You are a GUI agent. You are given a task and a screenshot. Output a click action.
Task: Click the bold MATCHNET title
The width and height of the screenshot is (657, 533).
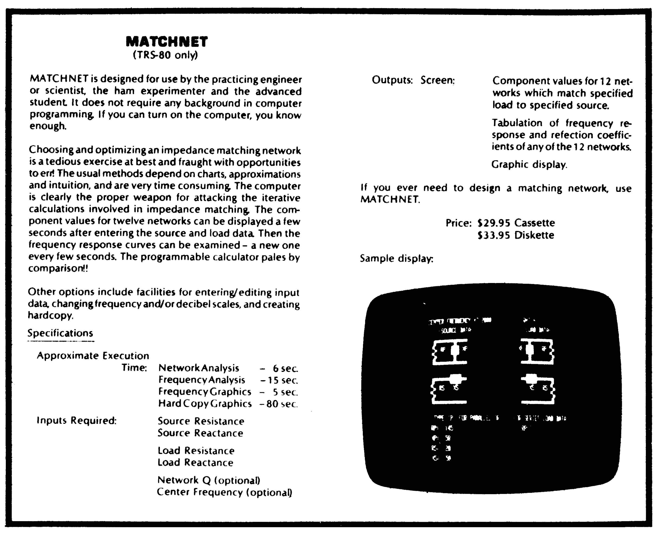167,41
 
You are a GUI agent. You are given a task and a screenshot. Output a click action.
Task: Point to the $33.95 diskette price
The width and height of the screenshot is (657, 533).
515,235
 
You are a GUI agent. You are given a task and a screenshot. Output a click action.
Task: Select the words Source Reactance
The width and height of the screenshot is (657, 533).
200,433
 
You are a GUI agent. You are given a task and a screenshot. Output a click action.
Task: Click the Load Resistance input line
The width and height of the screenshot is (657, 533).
196,450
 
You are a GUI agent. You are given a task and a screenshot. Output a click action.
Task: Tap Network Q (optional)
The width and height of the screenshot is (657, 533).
209,480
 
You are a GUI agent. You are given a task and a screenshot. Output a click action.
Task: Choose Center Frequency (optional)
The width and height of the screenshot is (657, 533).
224,492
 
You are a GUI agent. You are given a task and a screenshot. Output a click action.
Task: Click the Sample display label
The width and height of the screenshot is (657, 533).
396,259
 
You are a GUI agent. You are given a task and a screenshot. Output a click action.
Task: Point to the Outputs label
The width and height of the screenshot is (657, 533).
392,80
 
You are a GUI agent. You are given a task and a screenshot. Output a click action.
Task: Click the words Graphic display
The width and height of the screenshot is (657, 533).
529,165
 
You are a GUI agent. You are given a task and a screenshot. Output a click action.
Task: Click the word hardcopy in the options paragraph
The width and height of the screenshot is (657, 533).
51,316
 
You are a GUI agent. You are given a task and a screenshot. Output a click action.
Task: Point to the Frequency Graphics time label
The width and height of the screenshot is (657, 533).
205,392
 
